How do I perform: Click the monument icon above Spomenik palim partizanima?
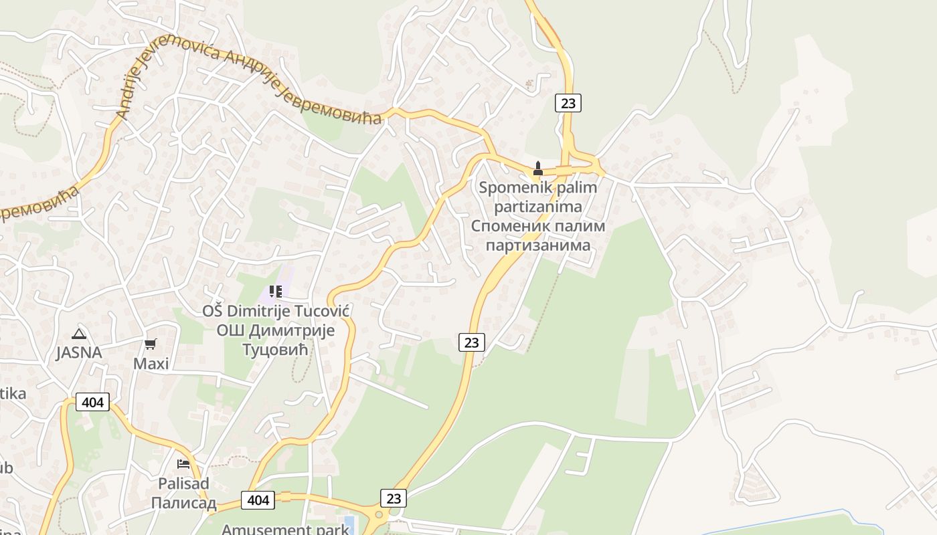(x=538, y=168)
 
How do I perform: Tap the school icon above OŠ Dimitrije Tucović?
(x=275, y=291)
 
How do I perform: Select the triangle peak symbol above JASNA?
(x=79, y=334)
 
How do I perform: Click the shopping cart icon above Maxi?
(x=151, y=344)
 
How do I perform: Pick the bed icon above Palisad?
(x=183, y=463)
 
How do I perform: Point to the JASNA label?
(x=79, y=352)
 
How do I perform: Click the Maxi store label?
(x=151, y=364)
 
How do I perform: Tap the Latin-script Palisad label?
(x=183, y=483)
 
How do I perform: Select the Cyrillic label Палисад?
(x=183, y=502)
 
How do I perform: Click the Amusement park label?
(x=285, y=530)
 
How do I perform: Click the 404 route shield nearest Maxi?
(x=92, y=402)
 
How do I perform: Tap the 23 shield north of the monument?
(x=568, y=103)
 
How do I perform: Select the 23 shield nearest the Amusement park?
(x=394, y=498)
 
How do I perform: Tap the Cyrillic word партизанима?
(x=538, y=245)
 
